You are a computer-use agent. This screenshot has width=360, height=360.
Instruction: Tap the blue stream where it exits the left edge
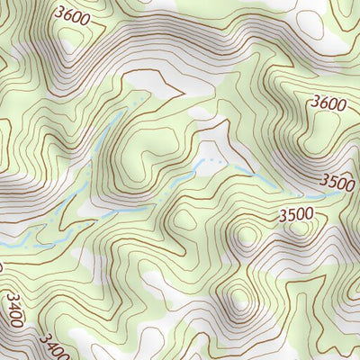4,245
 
